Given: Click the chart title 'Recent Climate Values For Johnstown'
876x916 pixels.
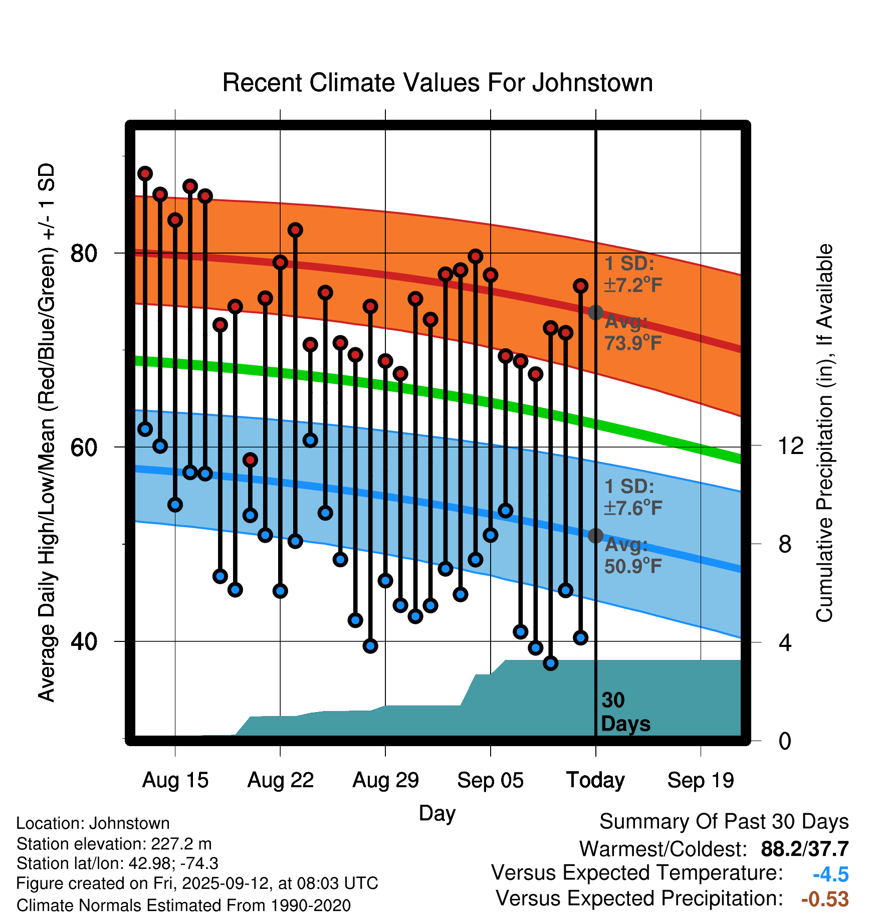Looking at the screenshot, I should tap(437, 83).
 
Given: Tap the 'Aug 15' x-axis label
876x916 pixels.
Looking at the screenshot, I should tap(175, 780).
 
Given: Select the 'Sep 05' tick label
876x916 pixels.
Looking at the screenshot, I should tap(490, 780).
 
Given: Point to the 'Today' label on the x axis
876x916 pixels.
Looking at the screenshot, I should tap(595, 780).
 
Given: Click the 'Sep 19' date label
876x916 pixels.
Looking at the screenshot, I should tap(701, 780).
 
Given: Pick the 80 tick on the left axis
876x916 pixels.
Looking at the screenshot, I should tap(84, 254).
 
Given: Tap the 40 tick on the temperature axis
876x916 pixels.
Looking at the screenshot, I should tap(84, 641).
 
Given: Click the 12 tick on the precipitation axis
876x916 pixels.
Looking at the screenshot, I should tap(790, 446).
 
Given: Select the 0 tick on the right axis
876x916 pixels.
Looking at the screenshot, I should tap(785, 741).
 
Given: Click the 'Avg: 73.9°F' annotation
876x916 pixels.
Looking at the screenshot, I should tap(632, 332).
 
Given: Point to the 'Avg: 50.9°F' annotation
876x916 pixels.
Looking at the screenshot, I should tap(632, 555).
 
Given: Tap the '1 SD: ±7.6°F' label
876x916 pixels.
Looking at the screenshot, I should tap(632, 497).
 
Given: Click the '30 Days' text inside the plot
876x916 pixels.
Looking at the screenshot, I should tap(625, 712).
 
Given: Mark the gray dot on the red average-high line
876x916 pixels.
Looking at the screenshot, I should tap(595, 313).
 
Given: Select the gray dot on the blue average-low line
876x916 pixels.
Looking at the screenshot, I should tap(595, 536).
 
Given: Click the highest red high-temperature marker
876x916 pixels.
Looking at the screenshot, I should tap(145, 173).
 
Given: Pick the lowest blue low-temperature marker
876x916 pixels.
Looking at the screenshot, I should tap(551, 663).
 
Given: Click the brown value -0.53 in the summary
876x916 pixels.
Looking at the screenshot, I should tap(825, 899).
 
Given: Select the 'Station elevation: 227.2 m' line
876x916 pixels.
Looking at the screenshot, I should tap(114, 844).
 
